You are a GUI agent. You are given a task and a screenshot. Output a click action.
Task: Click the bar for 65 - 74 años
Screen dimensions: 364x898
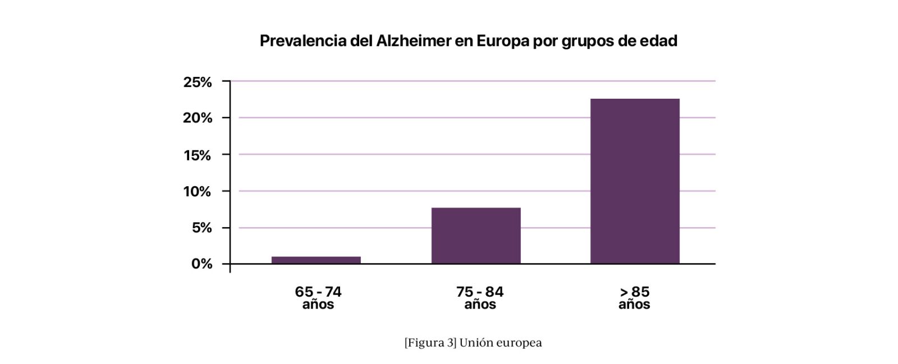coord(316,260)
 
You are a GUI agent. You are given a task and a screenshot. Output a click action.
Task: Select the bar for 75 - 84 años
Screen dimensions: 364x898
coord(476,236)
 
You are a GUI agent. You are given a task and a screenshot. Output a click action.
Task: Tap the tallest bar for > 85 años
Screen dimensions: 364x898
coord(635,181)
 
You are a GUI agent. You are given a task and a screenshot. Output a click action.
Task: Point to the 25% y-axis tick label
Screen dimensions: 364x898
coord(198,82)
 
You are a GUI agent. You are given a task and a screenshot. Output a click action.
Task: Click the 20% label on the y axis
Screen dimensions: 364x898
coord(198,118)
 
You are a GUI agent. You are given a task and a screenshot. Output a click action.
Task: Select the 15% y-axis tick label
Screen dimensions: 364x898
coord(198,155)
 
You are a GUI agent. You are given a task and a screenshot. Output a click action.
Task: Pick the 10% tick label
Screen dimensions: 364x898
coord(198,192)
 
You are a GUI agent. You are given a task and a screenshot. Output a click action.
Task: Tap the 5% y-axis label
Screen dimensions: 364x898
coord(202,228)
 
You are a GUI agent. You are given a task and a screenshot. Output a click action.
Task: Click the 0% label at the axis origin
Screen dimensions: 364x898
coord(202,264)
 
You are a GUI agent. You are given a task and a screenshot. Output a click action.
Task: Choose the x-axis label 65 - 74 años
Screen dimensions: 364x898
coord(318,298)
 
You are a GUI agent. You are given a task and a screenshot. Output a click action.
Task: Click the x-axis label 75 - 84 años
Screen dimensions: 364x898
coord(480,298)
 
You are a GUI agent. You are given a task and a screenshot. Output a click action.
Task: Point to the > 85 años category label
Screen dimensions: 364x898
coord(634,298)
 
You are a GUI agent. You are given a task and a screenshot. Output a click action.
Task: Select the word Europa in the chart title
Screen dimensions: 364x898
coord(503,41)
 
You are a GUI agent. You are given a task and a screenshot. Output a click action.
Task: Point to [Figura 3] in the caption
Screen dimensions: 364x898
coord(430,343)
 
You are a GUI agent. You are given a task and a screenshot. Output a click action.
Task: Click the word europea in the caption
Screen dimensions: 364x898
coord(519,343)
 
